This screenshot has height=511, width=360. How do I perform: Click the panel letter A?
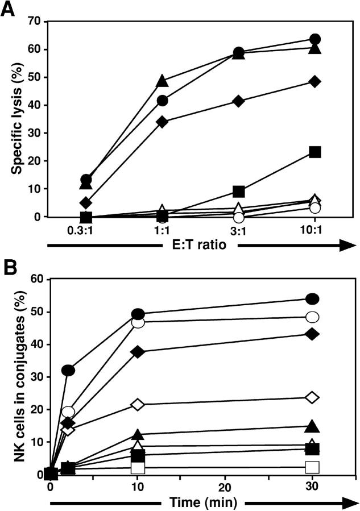click(x=9, y=10)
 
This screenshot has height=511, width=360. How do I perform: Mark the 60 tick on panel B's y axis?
click(x=38, y=279)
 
